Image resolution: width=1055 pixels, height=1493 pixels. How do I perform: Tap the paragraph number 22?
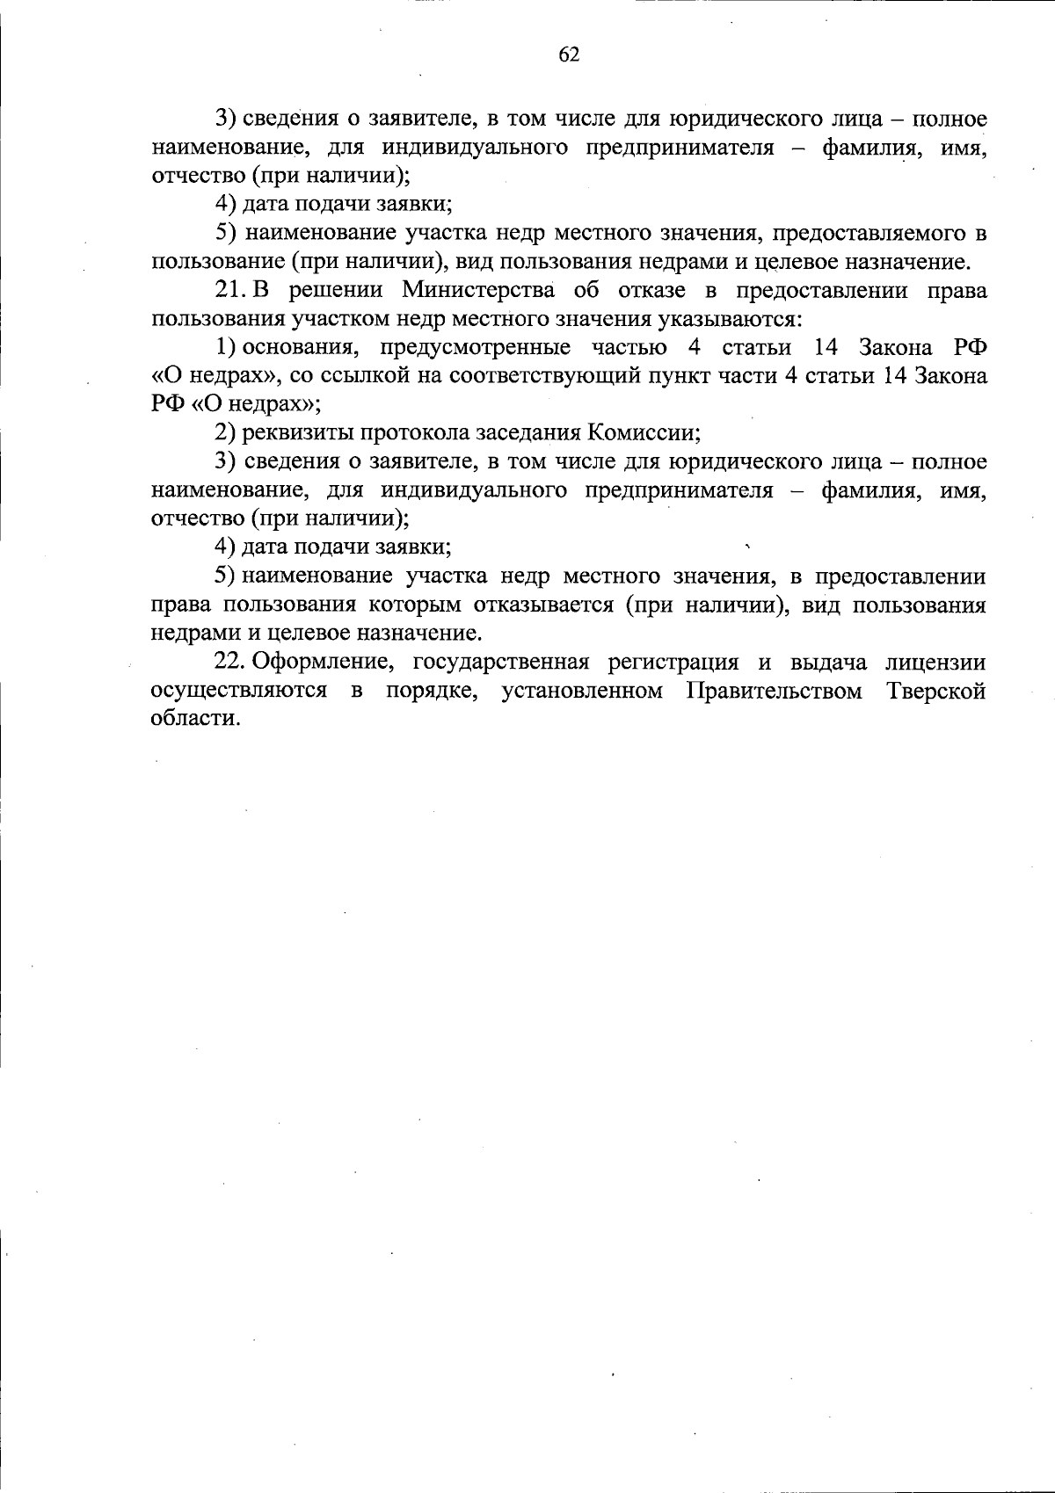[231, 663]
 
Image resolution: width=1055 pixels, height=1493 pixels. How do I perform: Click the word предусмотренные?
[476, 348]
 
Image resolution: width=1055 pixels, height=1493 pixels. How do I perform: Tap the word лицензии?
[936, 663]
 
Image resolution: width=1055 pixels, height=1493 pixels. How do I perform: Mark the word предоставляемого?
[870, 234]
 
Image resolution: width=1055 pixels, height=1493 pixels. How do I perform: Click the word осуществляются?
[239, 692]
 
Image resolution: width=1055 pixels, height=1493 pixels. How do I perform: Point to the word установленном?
[582, 692]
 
